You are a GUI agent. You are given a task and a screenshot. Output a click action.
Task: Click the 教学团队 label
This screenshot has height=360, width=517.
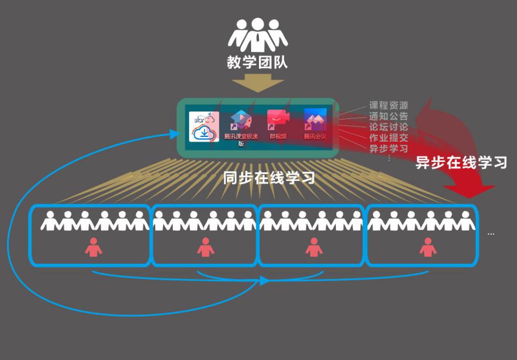[257, 62]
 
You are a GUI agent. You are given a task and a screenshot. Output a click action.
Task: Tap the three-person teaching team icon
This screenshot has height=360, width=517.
[257, 35]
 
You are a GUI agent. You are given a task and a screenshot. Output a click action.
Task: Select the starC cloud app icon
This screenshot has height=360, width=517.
[204, 127]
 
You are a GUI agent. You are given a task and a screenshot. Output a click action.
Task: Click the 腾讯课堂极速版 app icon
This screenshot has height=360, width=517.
[241, 120]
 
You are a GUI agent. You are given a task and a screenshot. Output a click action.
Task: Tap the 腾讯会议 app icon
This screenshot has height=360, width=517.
[315, 120]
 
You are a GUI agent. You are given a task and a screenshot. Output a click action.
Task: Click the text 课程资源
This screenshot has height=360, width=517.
[388, 105]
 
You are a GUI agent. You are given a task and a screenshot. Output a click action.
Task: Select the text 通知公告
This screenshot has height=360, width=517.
[388, 116]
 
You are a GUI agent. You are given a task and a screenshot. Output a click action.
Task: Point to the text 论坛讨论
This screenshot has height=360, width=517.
[388, 127]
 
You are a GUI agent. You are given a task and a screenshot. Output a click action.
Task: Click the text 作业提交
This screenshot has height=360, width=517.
[388, 137]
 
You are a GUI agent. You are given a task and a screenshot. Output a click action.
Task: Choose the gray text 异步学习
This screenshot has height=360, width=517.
[388, 148]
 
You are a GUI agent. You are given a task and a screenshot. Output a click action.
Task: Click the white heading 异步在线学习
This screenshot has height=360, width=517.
[461, 162]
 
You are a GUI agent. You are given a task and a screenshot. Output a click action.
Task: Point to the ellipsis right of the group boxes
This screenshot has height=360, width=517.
[491, 234]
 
